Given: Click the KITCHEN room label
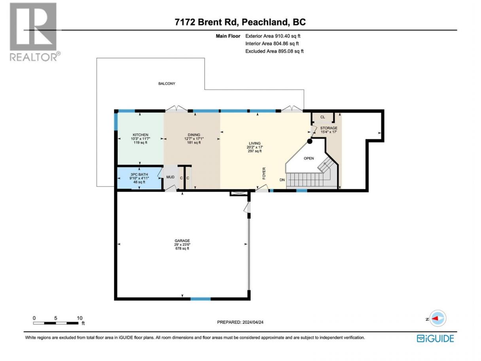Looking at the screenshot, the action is coord(140,135).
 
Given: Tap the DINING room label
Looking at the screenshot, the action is coord(194,135).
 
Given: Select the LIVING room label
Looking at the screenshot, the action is coord(255,143).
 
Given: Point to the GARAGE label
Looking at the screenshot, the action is coord(182,241).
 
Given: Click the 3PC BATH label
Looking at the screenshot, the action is coord(139,175).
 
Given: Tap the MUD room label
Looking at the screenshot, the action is coord(170,177).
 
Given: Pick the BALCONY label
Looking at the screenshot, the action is coord(167,84).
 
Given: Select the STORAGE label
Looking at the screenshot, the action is coord(329,128).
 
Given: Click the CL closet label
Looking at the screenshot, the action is coord(322,117).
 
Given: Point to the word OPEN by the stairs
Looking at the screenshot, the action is coord(309,158).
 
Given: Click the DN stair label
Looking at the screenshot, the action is coord(282,180).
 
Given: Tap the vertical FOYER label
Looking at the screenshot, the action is coord(264,173).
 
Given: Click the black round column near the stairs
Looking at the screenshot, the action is coord(310,141).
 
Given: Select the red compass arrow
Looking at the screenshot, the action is coord(435,318).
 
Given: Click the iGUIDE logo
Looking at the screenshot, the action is coord(435,339).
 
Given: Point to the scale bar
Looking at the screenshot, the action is coord(56,323).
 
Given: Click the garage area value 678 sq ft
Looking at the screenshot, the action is coord(182,249).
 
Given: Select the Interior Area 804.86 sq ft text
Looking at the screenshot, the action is coord(272,44).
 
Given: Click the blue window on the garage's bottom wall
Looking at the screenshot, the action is coord(201,299).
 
